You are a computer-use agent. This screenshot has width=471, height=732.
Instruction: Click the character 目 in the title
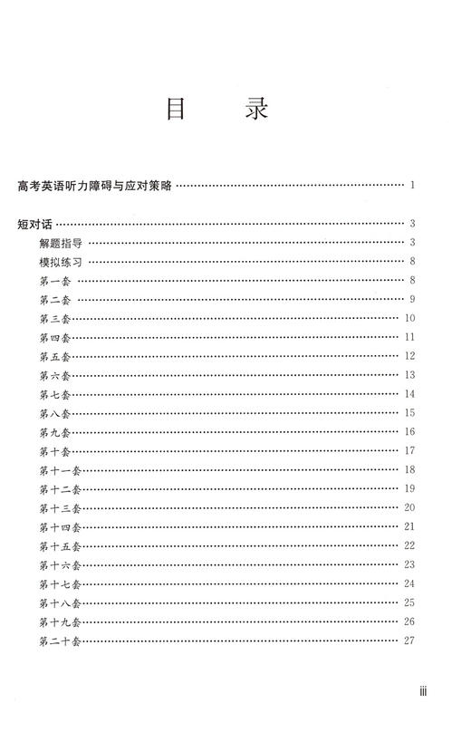[177, 111]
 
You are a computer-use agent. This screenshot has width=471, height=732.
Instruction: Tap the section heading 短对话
[35, 223]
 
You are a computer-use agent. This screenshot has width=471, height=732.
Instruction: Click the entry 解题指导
[61, 242]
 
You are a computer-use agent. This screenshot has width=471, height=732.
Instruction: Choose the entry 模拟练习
[61, 261]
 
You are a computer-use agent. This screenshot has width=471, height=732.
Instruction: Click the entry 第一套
[55, 280]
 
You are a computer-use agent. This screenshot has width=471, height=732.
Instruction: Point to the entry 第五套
[55, 356]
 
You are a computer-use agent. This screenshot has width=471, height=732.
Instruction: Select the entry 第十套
[55, 451]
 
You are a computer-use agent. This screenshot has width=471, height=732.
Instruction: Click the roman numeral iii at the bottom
[421, 691]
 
